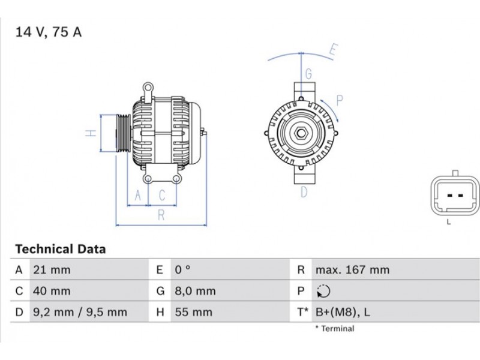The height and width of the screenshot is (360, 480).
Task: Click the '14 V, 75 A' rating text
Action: (x=49, y=32)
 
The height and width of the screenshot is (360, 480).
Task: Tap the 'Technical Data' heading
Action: (x=61, y=249)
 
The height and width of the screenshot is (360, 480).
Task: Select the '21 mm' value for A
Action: (x=52, y=269)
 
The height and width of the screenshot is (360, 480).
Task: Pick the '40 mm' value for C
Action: (x=52, y=291)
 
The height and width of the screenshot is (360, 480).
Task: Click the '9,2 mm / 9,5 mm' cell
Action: (x=80, y=312)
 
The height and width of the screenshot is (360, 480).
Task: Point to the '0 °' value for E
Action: (x=182, y=269)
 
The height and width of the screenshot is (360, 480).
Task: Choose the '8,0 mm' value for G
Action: (x=196, y=291)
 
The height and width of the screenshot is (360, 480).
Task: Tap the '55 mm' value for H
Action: (x=193, y=312)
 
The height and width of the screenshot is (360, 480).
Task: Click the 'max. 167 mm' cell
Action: (x=353, y=269)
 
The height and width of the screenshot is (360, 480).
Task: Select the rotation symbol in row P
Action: (x=323, y=291)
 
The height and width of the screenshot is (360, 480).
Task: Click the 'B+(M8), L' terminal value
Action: (x=343, y=312)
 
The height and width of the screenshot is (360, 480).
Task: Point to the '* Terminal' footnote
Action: (x=335, y=328)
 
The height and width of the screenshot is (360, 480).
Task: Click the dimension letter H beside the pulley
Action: (x=91, y=133)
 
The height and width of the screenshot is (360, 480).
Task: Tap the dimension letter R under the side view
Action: (x=161, y=215)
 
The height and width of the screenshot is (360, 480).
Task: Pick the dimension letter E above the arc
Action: (x=334, y=49)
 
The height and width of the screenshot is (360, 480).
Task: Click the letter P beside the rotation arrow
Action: (x=340, y=100)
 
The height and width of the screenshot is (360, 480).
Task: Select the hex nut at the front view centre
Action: (x=301, y=133)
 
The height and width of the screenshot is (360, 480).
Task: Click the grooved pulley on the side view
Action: (x=124, y=133)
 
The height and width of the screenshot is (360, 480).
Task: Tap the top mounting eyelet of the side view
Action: (x=148, y=88)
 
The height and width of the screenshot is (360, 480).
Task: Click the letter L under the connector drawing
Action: (x=449, y=222)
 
